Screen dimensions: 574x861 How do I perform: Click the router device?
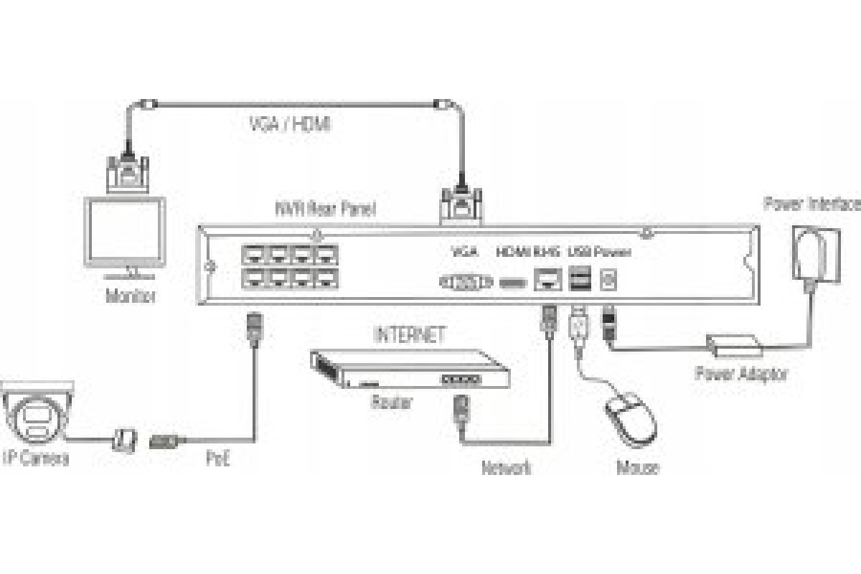tap(410, 369)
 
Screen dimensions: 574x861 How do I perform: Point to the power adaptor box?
tap(733, 345)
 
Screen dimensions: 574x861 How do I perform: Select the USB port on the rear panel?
tap(578, 278)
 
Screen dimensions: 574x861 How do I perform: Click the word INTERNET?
tap(410, 334)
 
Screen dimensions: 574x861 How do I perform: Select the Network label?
tap(507, 469)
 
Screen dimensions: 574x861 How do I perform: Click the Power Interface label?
tap(811, 204)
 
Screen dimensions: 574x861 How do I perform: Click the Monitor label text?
tap(129, 296)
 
